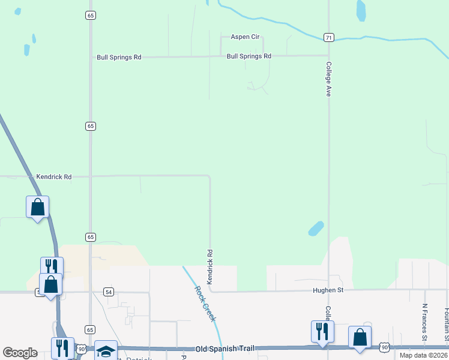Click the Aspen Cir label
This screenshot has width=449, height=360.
[245, 37]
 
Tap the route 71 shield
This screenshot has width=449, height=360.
[328, 37]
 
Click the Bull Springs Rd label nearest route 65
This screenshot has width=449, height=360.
[119, 58]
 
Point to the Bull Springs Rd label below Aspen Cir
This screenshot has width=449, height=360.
[249, 56]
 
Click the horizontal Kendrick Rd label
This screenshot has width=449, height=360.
[54, 177]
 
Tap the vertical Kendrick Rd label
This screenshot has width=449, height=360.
[210, 267]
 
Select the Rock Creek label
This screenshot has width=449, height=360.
[205, 303]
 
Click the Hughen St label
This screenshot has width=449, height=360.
[328, 290]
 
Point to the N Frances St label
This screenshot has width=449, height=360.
[424, 322]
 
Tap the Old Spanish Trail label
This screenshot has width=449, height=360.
[229, 349]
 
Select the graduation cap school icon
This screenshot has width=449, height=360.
[106, 351]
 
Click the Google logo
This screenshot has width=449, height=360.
[20, 353]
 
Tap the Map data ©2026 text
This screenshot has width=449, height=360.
[423, 355]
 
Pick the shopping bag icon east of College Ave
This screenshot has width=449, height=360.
[360, 338]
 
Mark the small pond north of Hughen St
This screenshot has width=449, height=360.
[316, 229]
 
